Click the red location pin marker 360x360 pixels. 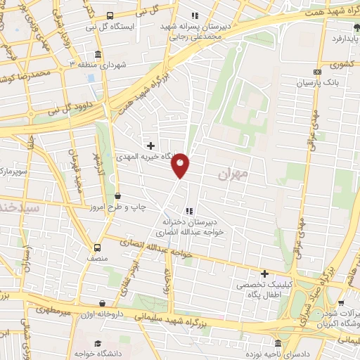click(181, 165)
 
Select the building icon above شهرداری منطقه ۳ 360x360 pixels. click(97, 54)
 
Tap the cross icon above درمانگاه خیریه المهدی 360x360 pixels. click(150, 146)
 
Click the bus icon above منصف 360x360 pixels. click(97, 247)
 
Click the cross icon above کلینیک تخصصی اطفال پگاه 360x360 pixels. click(264, 273)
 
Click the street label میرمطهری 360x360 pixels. click(46, 308)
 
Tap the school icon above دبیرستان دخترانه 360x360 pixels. click(188, 210)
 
